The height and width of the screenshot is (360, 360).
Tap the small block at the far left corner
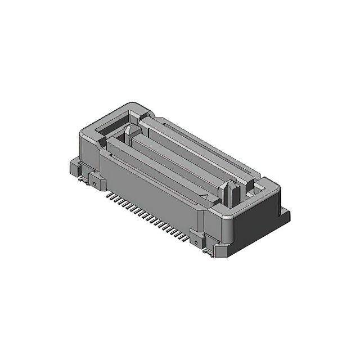(73, 166)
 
